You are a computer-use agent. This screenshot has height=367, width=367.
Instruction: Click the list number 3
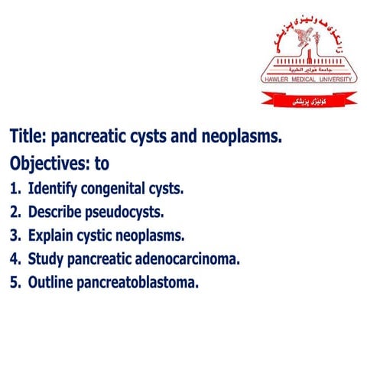point(13,235)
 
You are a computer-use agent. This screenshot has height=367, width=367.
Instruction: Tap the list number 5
point(13,283)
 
